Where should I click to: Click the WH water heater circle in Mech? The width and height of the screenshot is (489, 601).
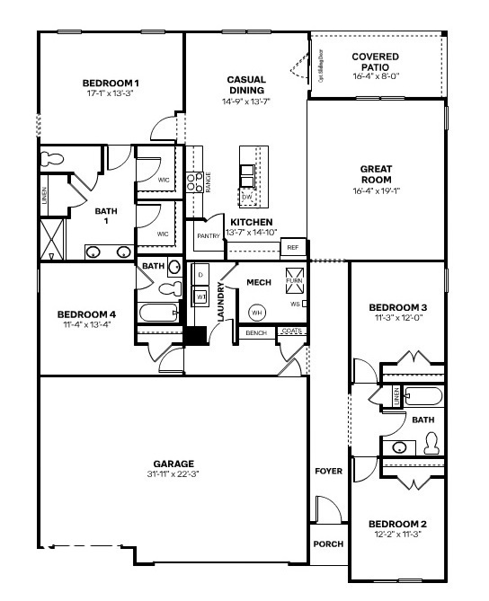256,312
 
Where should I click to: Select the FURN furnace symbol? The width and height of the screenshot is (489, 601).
294,277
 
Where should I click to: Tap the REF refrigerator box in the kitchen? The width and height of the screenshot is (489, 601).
292,247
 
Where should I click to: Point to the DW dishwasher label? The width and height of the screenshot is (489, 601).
247,197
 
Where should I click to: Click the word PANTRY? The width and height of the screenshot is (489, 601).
209,236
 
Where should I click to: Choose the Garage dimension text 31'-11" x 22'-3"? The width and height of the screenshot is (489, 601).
173,474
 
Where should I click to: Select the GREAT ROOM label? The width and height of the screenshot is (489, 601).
376,173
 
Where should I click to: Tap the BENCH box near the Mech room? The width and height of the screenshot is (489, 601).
255,333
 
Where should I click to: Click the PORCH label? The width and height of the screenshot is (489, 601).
327,544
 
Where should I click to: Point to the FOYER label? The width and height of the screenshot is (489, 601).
327,471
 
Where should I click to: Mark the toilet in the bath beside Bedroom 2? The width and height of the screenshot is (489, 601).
431,443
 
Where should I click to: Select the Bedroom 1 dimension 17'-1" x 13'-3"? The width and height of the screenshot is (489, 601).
111,93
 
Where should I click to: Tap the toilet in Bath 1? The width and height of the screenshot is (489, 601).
54,159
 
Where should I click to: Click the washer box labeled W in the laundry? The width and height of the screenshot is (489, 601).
201,295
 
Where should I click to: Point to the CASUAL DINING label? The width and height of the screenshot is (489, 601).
245,84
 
